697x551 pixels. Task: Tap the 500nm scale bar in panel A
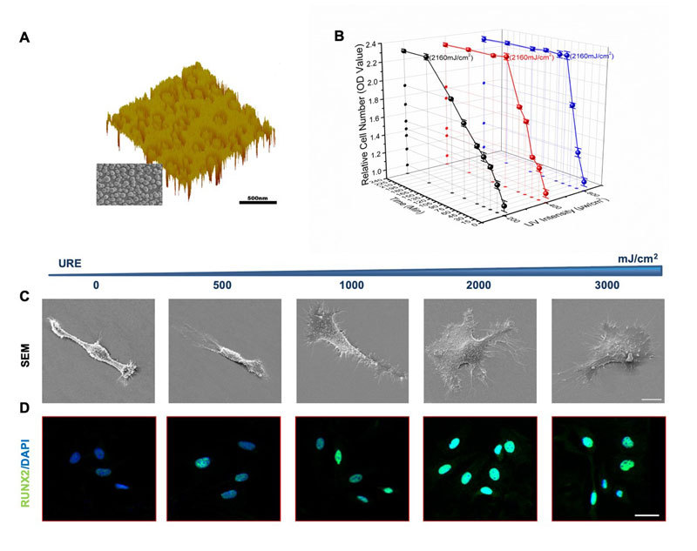click(257, 202)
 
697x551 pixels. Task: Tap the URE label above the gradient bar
click(71, 261)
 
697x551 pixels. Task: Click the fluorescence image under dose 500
click(224, 468)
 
